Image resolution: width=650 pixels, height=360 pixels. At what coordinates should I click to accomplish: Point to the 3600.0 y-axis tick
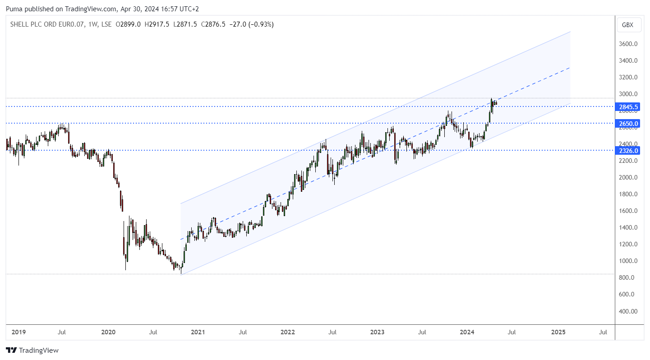pos(628,44)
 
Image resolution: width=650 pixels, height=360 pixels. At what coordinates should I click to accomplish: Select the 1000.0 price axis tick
pos(628,261)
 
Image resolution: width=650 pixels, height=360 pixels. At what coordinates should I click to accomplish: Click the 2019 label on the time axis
pos(18,332)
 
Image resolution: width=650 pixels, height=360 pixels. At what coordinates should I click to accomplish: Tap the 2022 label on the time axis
pos(287,332)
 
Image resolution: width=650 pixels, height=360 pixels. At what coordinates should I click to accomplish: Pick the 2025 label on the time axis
pos(558,332)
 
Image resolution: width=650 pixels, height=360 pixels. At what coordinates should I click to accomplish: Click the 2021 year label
pos(198,332)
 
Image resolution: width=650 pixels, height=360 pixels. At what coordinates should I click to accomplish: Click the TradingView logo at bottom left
pos(32,350)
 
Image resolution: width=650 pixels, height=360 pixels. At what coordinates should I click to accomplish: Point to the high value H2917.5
pos(157,24)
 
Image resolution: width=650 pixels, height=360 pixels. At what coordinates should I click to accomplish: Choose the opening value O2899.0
pos(129,24)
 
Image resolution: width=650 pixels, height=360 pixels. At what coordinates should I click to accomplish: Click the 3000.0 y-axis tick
pos(628,94)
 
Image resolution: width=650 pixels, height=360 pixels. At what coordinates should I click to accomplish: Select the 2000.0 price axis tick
pos(628,178)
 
